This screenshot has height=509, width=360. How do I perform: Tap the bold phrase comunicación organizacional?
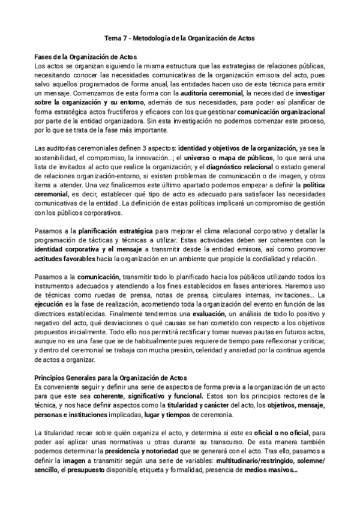281,111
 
